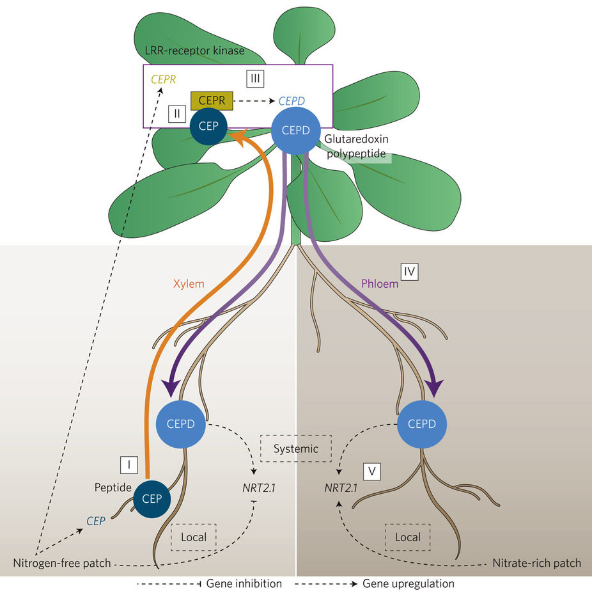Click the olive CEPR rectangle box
click(212, 101)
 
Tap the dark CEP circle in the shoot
click(208, 126)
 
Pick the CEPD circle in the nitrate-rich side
click(421, 423)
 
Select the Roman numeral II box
click(176, 114)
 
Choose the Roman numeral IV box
click(410, 272)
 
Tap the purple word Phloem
click(379, 282)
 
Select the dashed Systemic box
click(296, 448)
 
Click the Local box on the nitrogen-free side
click(194, 537)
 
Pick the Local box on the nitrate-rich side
click(408, 537)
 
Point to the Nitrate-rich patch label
click(537, 564)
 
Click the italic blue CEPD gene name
click(291, 101)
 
